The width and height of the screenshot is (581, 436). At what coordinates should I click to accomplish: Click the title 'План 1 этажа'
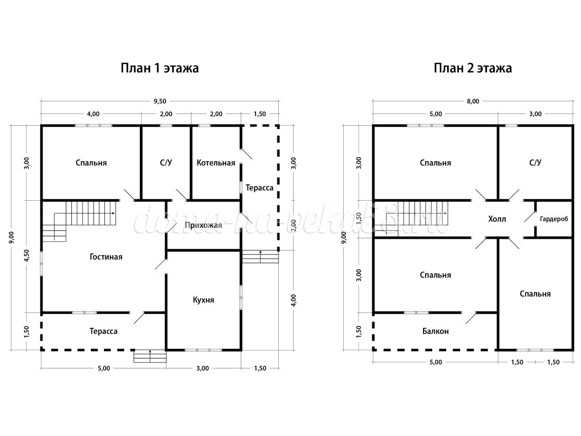click(x=160, y=68)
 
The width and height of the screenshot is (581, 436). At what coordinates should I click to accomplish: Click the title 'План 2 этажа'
click(x=473, y=68)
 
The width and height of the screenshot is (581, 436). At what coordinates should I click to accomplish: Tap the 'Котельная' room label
click(x=216, y=163)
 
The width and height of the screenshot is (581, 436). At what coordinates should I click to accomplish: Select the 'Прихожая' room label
click(x=203, y=226)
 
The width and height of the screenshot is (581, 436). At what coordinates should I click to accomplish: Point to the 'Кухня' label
click(x=203, y=300)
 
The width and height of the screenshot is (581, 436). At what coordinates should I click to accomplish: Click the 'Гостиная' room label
click(x=106, y=257)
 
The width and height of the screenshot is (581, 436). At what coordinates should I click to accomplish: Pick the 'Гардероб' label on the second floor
click(x=554, y=219)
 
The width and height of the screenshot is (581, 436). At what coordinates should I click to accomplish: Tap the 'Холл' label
click(x=497, y=219)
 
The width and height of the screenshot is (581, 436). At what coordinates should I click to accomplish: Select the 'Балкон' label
click(x=435, y=331)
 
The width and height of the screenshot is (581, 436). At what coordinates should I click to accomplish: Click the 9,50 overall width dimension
click(x=160, y=101)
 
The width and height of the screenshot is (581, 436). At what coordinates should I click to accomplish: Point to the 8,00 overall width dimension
click(x=473, y=101)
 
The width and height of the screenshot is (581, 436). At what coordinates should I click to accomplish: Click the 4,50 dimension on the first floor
click(x=27, y=255)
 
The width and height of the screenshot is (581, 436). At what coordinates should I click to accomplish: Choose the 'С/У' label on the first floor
click(x=166, y=163)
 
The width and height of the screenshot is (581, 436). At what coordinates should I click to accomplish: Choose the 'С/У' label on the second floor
click(x=535, y=163)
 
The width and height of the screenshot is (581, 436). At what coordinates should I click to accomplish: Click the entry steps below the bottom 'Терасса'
click(x=150, y=356)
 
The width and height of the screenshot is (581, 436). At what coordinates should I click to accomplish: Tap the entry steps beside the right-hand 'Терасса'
click(x=260, y=257)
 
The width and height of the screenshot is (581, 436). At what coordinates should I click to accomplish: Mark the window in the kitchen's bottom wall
click(x=203, y=350)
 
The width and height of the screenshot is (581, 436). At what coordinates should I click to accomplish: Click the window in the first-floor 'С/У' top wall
click(x=166, y=125)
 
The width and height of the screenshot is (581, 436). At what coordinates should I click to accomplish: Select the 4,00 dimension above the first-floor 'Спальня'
click(x=93, y=114)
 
